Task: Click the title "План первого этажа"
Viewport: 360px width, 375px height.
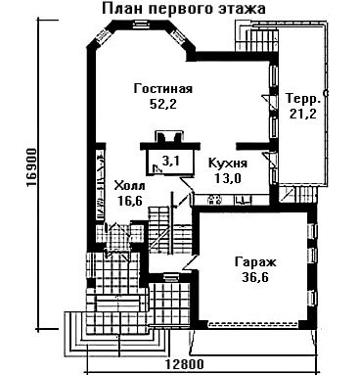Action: point(184,9)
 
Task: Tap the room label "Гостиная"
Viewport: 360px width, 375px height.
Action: point(163,88)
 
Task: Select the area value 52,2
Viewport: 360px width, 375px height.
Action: point(163,104)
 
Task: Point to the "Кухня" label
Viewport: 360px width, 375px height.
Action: point(228,163)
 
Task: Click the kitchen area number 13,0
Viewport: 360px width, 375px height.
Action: point(227,178)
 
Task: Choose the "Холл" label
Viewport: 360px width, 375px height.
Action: point(130,186)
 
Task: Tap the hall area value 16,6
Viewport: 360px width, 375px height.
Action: point(130,201)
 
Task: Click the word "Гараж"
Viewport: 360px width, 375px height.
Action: point(255,262)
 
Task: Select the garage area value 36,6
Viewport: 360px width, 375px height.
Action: point(255,277)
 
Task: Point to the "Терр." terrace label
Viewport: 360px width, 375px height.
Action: point(303,99)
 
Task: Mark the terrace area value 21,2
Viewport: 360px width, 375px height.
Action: point(302,114)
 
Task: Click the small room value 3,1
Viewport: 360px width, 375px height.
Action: point(169,161)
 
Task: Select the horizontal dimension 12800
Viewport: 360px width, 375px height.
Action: point(185,364)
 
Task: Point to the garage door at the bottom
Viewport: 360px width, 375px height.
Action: point(253,324)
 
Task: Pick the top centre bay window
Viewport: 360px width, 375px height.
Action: point(141,24)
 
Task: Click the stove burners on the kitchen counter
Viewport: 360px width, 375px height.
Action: point(214,200)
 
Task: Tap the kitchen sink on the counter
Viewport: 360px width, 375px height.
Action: point(243,200)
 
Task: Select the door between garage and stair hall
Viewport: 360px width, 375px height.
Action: point(191,262)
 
